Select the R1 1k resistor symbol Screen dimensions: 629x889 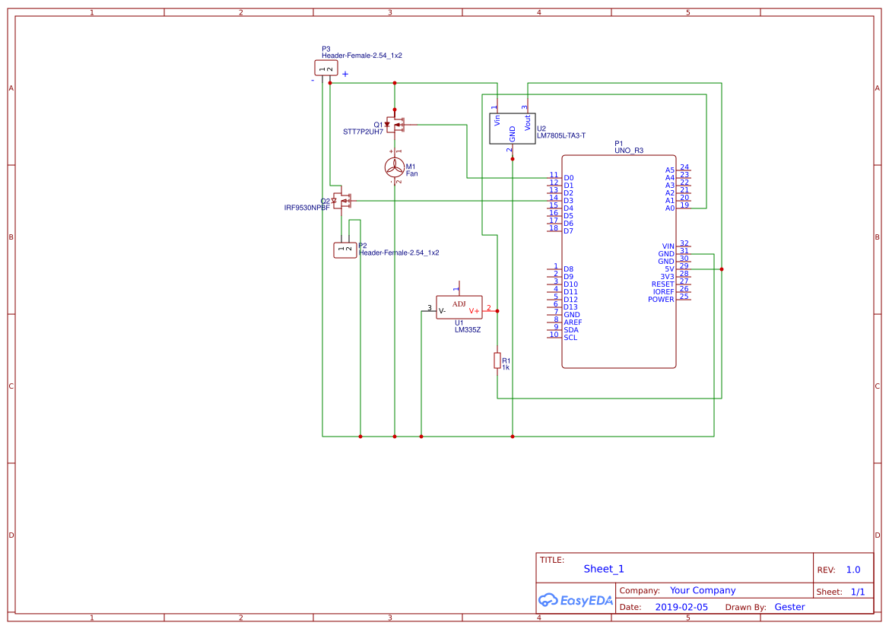[x=497, y=361]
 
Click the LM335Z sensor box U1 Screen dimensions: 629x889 [x=459, y=307]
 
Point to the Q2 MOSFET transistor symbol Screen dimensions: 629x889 [x=341, y=201]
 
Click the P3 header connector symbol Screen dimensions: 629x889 [x=325, y=68]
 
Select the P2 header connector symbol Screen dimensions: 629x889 [x=345, y=249]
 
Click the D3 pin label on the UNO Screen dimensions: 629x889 [x=568, y=201]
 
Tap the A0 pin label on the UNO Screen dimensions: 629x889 [x=670, y=208]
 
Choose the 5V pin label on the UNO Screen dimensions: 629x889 [x=669, y=269]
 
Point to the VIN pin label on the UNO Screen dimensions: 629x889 [x=668, y=246]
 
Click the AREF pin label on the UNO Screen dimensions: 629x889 [x=573, y=322]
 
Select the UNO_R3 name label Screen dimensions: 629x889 [x=629, y=151]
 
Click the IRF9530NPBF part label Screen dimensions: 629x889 [x=306, y=208]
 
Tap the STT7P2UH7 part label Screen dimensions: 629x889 [x=363, y=132]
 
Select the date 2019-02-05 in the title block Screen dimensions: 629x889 [x=681, y=607]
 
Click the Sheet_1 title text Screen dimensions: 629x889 [x=604, y=569]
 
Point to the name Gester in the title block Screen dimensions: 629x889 [x=789, y=607]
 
